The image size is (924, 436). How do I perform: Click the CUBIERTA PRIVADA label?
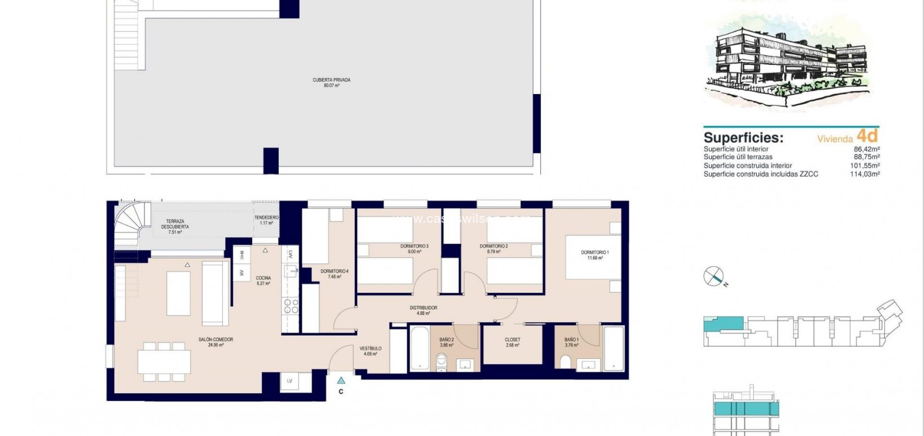331,80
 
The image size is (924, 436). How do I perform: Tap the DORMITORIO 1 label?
595,253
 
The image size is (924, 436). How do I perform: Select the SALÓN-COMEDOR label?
215,340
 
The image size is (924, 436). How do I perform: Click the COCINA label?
263,278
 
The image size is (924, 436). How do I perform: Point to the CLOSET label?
512,340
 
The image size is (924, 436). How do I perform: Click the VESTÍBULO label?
371,349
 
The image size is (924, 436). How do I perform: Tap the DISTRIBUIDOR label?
423,308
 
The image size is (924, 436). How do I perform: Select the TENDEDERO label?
263,218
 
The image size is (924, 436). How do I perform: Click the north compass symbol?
714,276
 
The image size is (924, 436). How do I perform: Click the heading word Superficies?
743,138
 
